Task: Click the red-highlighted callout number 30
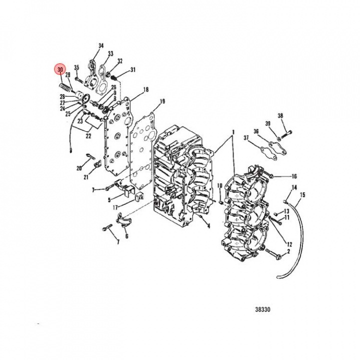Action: [x=60, y=69]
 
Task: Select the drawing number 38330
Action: [x=262, y=309]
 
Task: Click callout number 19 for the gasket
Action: [x=162, y=101]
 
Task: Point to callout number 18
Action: [x=146, y=89]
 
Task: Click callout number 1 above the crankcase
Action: [x=233, y=132]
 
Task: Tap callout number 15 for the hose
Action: [x=302, y=195]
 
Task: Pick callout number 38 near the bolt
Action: [x=280, y=115]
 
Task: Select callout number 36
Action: [x=256, y=131]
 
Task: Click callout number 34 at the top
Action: [x=101, y=45]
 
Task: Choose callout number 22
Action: [x=88, y=136]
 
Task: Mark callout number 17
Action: [x=115, y=207]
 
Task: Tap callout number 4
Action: [x=208, y=226]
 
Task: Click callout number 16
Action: [x=294, y=176]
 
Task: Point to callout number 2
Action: [x=288, y=251]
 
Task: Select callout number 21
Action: [x=86, y=177]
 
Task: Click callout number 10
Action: [x=219, y=185]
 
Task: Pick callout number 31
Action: [x=133, y=69]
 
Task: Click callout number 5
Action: [x=109, y=200]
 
